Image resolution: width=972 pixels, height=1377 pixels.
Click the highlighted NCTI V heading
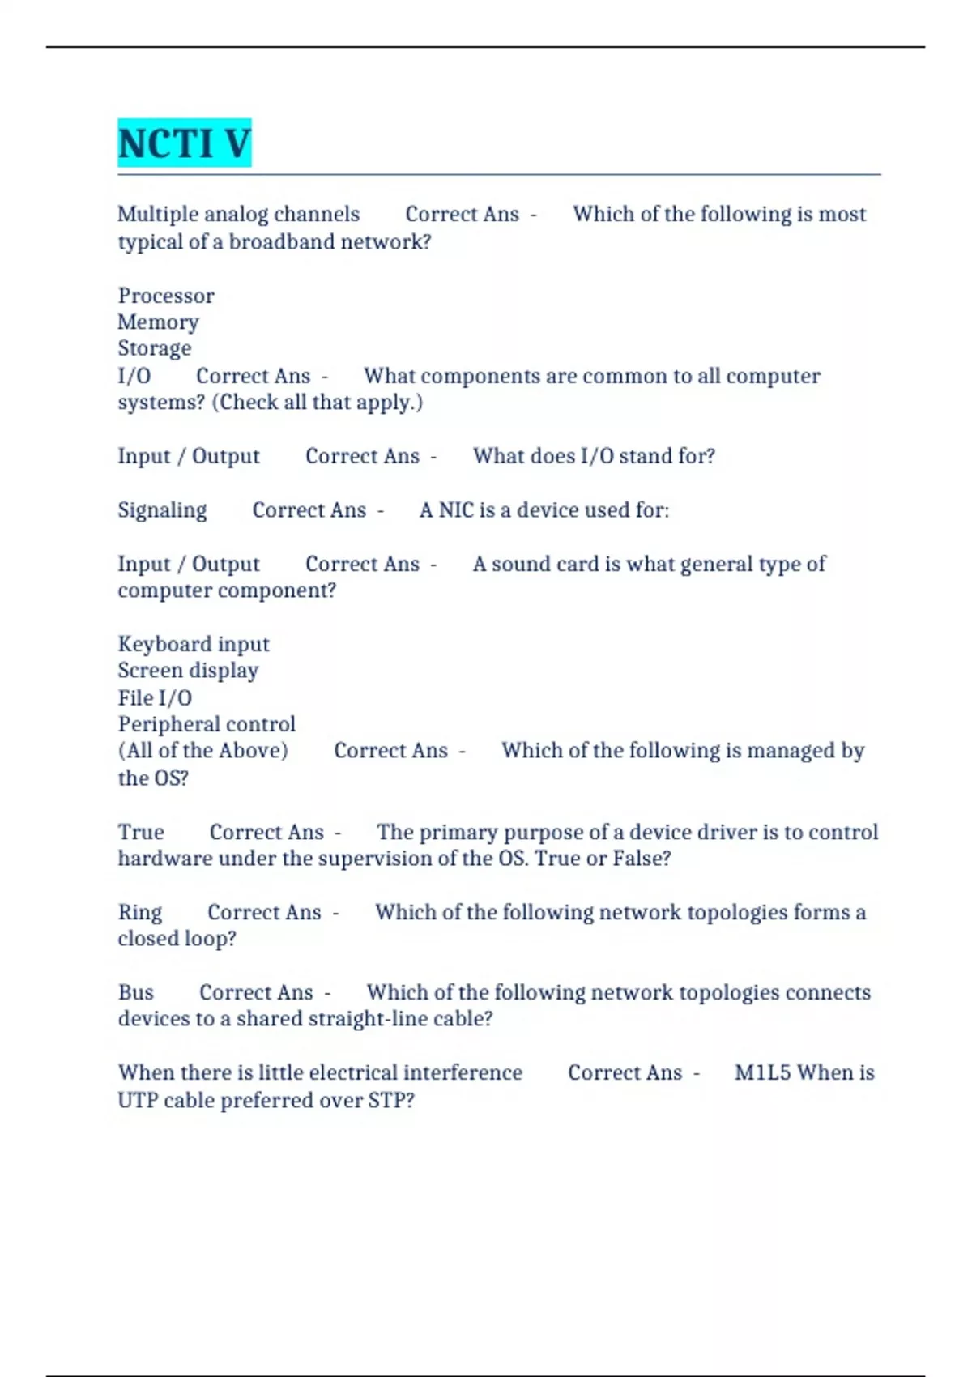pos(184,143)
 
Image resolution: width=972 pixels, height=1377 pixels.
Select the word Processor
pos(166,296)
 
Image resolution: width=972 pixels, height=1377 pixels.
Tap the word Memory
pos(158,322)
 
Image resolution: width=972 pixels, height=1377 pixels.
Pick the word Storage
pos(155,348)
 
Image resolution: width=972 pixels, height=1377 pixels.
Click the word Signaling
pos(162,510)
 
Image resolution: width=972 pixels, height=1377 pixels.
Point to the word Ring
pos(140,913)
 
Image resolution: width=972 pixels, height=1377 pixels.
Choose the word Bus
pos(135,993)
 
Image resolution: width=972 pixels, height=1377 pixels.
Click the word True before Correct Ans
pos(141,833)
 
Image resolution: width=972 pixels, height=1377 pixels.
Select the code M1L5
pos(761,1073)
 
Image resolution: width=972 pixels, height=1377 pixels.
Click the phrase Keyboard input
pos(194,645)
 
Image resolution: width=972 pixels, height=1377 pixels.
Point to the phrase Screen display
pos(188,671)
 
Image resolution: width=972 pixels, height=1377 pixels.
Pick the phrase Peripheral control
pos(207,724)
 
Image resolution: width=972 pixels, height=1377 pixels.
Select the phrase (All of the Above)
pos(202,751)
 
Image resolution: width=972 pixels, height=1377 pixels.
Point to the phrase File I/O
pos(155,698)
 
